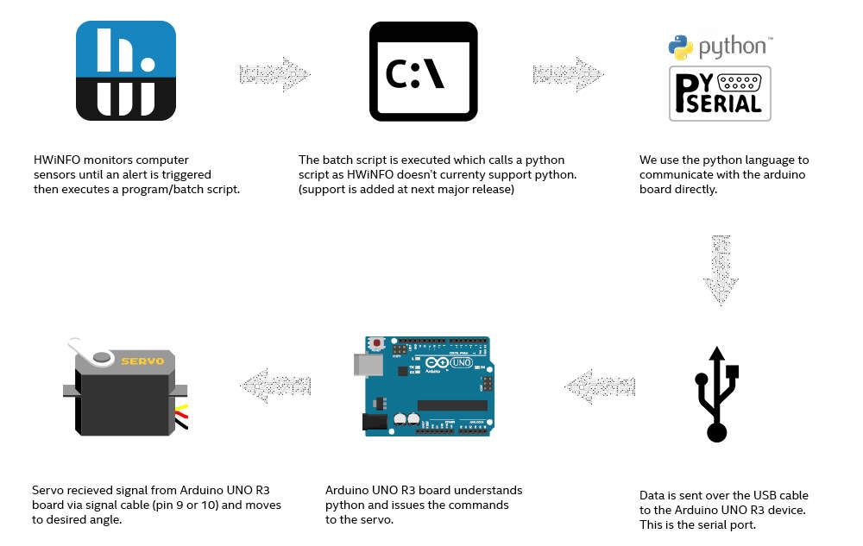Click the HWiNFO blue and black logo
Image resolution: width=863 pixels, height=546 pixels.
point(126,71)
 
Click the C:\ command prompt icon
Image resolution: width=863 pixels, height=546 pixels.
point(423,71)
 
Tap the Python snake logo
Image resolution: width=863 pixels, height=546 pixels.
point(680,47)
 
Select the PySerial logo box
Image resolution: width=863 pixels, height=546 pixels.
point(720,93)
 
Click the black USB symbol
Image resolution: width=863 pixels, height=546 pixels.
point(716,395)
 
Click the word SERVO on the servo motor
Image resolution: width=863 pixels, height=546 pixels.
point(142,361)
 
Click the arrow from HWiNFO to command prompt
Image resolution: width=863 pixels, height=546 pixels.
point(274,74)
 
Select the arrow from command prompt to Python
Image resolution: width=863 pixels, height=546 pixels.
point(567,74)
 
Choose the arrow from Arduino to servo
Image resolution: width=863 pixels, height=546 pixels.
point(275,386)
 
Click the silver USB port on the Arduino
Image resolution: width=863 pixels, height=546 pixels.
point(369,365)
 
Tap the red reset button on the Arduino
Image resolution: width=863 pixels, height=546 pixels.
point(376,343)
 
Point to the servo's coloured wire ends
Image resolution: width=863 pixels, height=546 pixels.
point(181,416)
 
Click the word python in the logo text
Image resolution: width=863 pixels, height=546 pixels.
point(732,47)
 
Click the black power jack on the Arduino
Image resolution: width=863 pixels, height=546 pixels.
point(375,421)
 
